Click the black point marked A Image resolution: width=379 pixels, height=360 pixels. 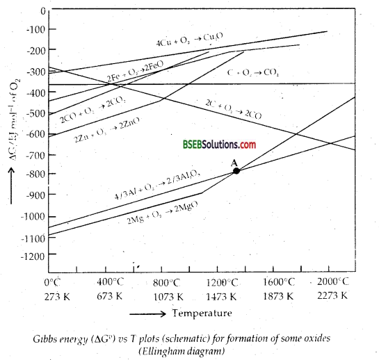pos(236,170)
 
